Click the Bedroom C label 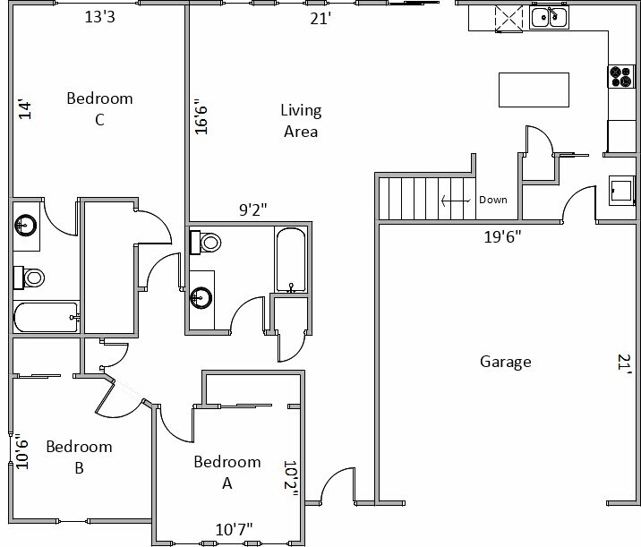(99, 108)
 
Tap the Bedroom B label (79, 456)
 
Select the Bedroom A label (227, 472)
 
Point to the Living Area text (301, 121)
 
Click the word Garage (505, 362)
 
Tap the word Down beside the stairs (493, 200)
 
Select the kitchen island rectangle (534, 90)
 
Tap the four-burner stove (620, 77)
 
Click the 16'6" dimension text (201, 117)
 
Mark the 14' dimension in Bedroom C (26, 109)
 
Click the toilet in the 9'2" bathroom (209, 242)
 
